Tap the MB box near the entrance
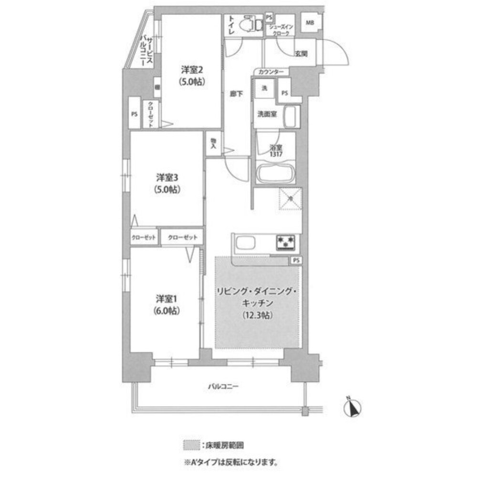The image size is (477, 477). [x=310, y=23]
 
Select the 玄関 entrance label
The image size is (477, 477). [x=301, y=54]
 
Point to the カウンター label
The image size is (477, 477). [x=271, y=72]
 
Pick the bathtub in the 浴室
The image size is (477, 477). [x=276, y=174]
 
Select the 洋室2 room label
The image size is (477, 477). [x=192, y=68]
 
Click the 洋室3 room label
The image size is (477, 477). [x=166, y=177]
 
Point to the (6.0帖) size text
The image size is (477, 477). [x=166, y=311]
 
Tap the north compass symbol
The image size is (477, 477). [x=353, y=407]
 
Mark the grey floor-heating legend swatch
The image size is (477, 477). [x=190, y=445]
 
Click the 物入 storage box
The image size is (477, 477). [x=213, y=144]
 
